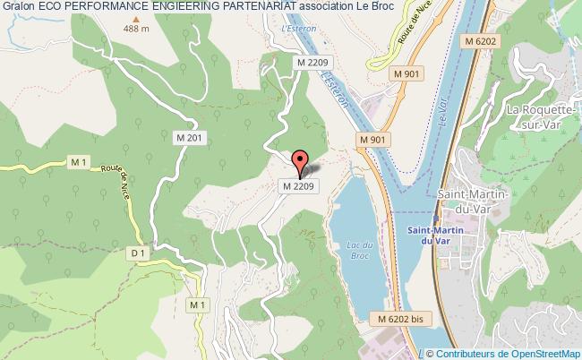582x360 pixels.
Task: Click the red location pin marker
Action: pos(301,163)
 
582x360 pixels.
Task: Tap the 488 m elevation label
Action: pos(137,29)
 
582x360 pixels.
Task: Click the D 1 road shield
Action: pos(137,254)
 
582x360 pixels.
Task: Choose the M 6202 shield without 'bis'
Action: pos(480,42)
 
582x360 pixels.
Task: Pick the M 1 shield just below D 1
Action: pos(197,305)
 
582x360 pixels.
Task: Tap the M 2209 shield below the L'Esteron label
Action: pos(314,62)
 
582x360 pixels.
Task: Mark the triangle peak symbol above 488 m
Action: pos(137,17)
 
